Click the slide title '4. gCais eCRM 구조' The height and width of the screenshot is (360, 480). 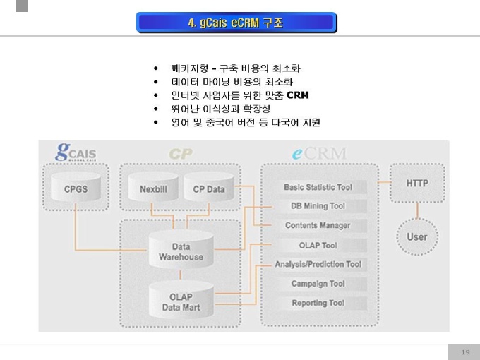coord(236,23)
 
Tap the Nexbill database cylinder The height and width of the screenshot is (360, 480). coord(152,189)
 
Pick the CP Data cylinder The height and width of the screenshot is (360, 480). coord(208,189)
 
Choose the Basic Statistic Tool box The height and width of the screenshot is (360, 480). coord(318,187)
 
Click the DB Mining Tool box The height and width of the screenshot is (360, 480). coord(318,206)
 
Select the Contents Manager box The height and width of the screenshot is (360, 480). coord(318,226)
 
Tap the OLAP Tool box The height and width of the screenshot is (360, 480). coord(318,246)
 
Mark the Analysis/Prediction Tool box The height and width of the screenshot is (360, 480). coord(318,265)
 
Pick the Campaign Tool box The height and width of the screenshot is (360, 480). coord(318,284)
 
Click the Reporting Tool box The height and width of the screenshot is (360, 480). coord(318,303)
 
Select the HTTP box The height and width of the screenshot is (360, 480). coord(416,184)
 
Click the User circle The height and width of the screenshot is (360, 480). coord(416,236)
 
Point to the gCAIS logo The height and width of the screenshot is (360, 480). coord(76,152)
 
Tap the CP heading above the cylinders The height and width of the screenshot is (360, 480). coord(181,153)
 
